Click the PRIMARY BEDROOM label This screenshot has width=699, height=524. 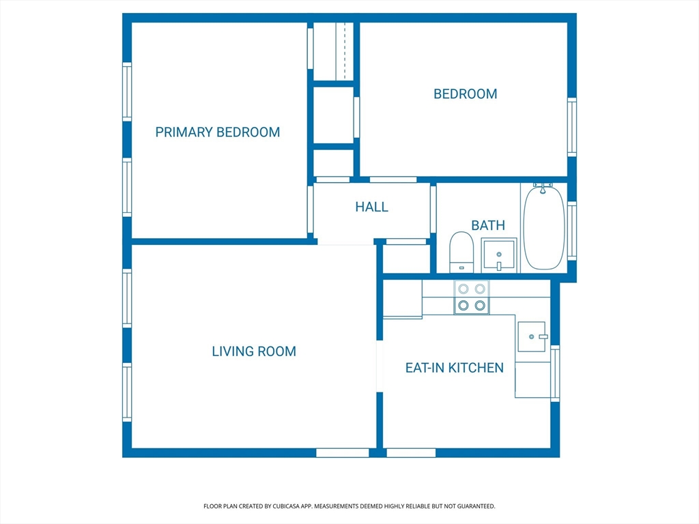[218, 132]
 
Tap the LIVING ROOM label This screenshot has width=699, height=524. [254, 351]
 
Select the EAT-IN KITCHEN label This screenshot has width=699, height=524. [455, 368]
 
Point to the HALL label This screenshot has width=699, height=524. [372, 207]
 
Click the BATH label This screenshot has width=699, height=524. [488, 225]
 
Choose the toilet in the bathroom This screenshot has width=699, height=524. [461, 252]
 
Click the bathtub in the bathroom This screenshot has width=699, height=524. [544, 228]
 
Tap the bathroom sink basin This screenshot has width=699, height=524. [499, 255]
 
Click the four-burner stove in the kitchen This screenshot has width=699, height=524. [472, 297]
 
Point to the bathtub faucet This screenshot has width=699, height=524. [543, 188]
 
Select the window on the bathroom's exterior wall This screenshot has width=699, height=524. [572, 231]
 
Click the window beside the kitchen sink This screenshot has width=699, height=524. [555, 373]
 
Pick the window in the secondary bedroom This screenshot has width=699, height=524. [572, 127]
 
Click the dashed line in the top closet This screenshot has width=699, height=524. [345, 50]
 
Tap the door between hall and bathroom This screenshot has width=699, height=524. [433, 209]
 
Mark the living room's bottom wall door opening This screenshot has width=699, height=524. [343, 453]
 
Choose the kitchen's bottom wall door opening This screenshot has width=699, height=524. [411, 453]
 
